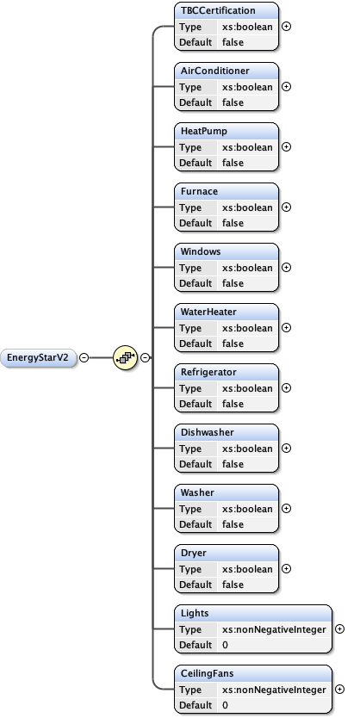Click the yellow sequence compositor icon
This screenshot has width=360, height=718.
[x=126, y=357]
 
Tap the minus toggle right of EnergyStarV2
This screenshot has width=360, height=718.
[x=84, y=357]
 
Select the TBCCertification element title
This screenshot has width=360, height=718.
[x=217, y=10]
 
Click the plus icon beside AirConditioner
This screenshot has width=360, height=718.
[x=286, y=86]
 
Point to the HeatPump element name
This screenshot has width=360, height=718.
[x=203, y=131]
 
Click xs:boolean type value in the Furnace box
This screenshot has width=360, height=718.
[x=247, y=207]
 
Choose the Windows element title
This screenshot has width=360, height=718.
[x=201, y=251]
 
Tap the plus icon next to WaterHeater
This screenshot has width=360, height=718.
[x=286, y=327]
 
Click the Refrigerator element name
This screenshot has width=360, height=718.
[x=208, y=372]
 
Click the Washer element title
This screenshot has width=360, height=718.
[x=197, y=492]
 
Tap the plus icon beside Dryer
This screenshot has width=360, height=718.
[x=286, y=568]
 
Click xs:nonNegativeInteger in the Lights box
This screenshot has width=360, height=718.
[x=274, y=629]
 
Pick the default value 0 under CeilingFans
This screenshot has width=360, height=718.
[x=225, y=705]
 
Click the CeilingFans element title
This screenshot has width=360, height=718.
[x=207, y=673]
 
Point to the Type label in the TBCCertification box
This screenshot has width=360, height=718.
[x=190, y=27]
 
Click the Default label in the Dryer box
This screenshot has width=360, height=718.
[x=196, y=585]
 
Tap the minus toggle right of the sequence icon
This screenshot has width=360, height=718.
[x=145, y=357]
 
